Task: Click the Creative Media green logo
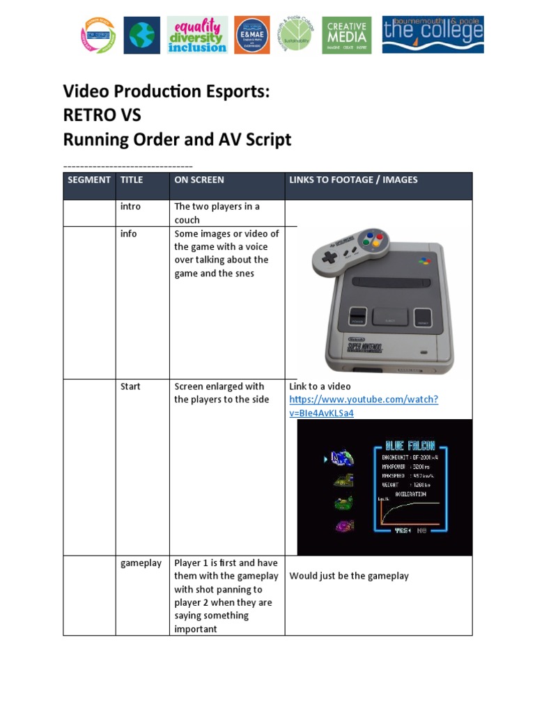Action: (346, 35)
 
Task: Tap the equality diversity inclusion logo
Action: (198, 35)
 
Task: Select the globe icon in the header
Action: (141, 36)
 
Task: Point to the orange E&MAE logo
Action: (251, 35)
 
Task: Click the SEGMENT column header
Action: (88, 180)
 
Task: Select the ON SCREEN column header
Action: (199, 180)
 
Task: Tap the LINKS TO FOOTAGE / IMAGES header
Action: (353, 180)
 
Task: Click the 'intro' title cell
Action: (130, 207)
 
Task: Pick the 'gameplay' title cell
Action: (141, 563)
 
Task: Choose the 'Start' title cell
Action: (130, 386)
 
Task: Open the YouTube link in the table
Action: (363, 407)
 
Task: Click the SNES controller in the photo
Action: (352, 246)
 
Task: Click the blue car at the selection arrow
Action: (342, 458)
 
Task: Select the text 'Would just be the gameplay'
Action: (349, 576)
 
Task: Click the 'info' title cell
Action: (129, 234)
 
